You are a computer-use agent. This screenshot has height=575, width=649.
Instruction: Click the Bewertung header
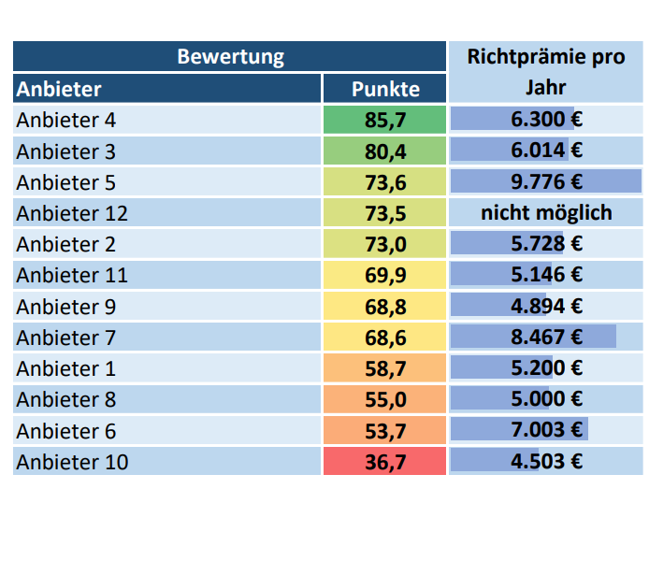(x=230, y=57)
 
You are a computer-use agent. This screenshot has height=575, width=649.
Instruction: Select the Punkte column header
(x=384, y=89)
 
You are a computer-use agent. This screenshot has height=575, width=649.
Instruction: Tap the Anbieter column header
(x=59, y=89)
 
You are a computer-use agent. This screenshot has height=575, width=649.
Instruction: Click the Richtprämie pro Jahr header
(x=546, y=72)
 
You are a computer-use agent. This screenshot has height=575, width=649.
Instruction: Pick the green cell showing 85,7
(x=384, y=120)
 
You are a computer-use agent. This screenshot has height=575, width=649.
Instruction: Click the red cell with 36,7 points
(x=384, y=461)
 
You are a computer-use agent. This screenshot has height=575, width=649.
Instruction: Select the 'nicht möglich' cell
(x=546, y=213)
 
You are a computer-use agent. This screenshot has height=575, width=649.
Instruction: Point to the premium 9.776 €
(x=546, y=182)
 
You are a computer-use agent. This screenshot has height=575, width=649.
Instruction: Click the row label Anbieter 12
(x=72, y=213)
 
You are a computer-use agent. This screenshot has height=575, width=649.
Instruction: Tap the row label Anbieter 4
(x=66, y=120)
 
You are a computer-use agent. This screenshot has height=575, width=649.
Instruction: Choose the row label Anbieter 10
(x=72, y=461)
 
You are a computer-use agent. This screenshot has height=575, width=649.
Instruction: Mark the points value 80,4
(x=384, y=151)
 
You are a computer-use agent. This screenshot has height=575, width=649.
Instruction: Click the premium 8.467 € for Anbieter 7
(x=546, y=337)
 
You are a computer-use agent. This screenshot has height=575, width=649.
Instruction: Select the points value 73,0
(x=384, y=244)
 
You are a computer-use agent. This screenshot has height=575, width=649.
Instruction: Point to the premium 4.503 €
(x=546, y=461)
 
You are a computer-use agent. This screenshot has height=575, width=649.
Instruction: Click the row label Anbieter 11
(x=72, y=275)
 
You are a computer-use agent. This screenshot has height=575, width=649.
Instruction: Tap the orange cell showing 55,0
(x=384, y=399)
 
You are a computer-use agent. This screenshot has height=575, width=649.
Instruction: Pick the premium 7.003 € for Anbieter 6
(x=546, y=430)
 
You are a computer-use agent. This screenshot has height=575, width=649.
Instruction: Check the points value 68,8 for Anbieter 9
(x=384, y=306)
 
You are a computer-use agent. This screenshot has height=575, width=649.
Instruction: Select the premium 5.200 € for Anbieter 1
(x=546, y=368)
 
